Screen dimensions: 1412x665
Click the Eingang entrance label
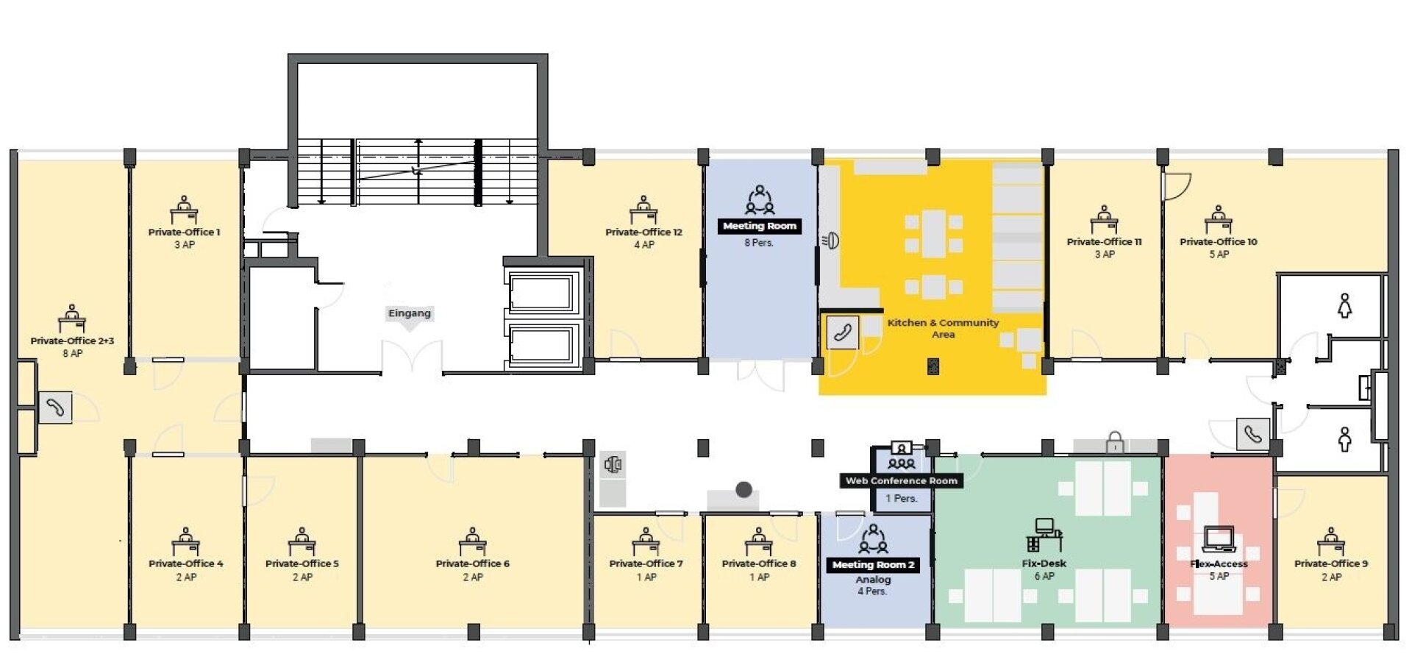(410, 313)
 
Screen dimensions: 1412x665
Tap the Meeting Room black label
(760, 227)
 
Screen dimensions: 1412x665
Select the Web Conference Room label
(902, 481)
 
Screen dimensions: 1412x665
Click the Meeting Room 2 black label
(874, 565)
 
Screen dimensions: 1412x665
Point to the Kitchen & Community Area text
(943, 328)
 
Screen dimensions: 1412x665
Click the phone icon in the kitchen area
(842, 332)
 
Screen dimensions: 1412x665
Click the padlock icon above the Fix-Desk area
(1116, 442)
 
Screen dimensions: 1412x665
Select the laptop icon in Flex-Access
(1219, 539)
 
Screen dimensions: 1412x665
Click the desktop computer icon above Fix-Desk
(1044, 535)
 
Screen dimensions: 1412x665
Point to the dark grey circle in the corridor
(744, 489)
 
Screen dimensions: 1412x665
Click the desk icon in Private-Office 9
(1331, 541)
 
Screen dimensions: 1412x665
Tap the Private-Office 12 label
(644, 232)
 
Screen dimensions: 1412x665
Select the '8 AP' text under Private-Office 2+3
(73, 354)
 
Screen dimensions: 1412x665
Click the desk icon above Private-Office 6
(472, 541)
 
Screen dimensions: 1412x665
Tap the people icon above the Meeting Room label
(760, 199)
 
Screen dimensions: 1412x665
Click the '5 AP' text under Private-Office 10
(1219, 255)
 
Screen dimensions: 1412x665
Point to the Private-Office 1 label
(185, 232)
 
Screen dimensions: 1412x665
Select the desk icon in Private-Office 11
(1104, 219)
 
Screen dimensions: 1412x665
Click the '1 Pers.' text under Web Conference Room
(902, 499)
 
